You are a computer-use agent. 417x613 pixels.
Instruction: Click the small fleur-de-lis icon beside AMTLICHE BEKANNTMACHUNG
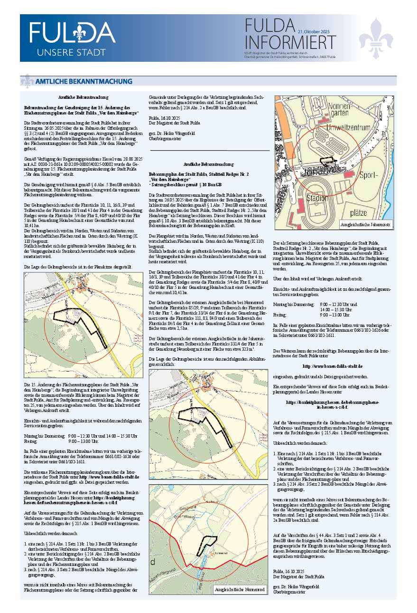pyautogui.click(x=27, y=81)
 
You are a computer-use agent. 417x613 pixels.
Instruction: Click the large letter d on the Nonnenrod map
pyautogui.click(x=153, y=562)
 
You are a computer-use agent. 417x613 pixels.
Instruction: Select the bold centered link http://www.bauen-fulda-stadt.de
pyautogui.click(x=332, y=366)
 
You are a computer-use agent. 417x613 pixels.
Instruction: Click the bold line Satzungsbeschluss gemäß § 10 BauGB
pyautogui.click(x=185, y=184)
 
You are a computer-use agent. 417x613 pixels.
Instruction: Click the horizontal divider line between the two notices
pyautogui.click(x=209, y=150)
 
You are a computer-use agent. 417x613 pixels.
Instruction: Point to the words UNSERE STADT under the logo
pyautogui.click(x=72, y=52)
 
